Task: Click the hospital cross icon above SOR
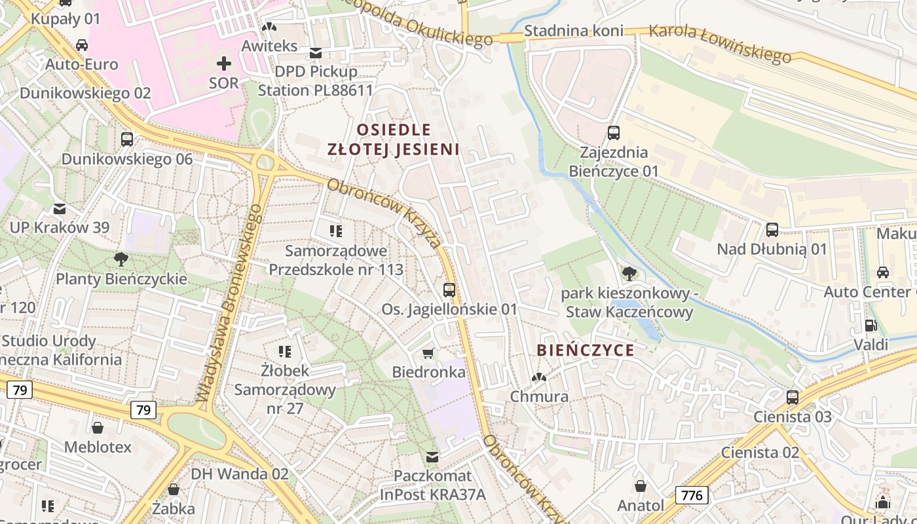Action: (224, 64)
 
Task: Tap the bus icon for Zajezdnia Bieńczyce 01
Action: (614, 133)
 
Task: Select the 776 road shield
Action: (692, 495)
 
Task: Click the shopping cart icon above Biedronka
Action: (428, 354)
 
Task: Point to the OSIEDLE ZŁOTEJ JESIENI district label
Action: (393, 139)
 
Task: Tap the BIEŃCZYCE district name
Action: (586, 350)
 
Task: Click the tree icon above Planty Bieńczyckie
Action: (121, 259)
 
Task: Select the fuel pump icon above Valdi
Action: (870, 325)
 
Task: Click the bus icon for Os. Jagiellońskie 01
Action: (449, 290)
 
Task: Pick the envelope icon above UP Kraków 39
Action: (60, 209)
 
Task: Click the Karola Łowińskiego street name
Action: (720, 44)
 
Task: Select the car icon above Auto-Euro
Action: (82, 45)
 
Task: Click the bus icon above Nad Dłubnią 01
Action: (772, 230)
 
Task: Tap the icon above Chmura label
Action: (538, 377)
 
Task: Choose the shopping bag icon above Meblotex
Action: (98, 428)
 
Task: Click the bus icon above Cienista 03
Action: (793, 397)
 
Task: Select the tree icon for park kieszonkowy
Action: (629, 272)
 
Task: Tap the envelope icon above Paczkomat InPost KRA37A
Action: (432, 457)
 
